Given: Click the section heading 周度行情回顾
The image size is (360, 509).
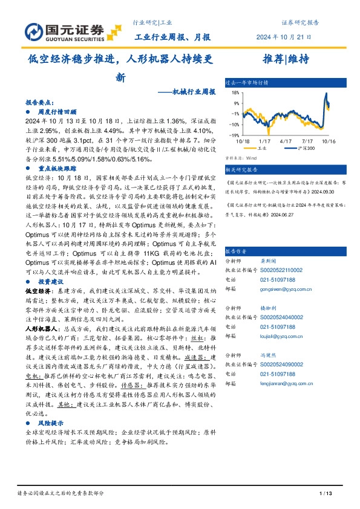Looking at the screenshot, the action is pyautogui.click(x=58, y=112).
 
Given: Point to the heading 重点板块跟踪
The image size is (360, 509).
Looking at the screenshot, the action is pyautogui.click(x=58, y=170).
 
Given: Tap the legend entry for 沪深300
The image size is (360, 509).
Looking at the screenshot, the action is pyautogui.click(x=307, y=147).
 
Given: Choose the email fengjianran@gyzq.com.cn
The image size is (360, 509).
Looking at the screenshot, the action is pyautogui.click(x=281, y=383).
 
